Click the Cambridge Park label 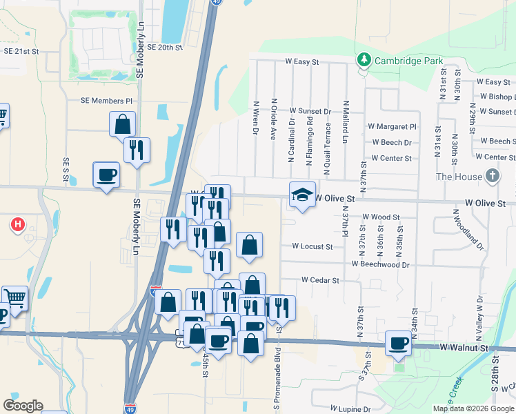[408, 61]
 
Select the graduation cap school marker [302, 195]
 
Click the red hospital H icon [18, 224]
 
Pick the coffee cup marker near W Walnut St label [398, 343]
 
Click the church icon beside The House [492, 176]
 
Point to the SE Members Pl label [106, 101]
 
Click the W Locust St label [312, 246]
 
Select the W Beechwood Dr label [380, 264]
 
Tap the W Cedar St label [320, 280]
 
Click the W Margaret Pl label [393, 127]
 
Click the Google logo [23, 406]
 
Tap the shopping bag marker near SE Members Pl [122, 125]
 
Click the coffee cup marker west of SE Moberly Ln [106, 175]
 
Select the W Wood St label [381, 217]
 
